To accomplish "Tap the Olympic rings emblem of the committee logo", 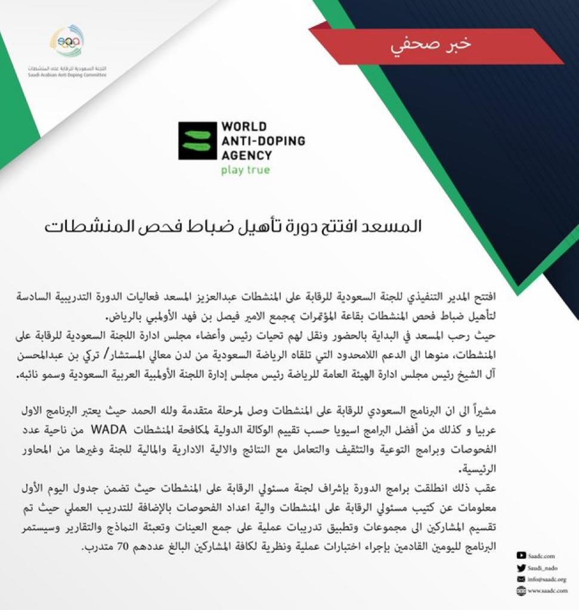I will tap(66, 42).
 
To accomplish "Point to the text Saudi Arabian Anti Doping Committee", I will tap(67, 76).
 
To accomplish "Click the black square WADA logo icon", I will tap(197, 141).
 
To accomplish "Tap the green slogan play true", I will tap(245, 170).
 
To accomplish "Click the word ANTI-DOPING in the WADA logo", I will tap(262, 141).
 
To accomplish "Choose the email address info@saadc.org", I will tap(547, 578).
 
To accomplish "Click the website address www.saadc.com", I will tap(547, 590).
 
